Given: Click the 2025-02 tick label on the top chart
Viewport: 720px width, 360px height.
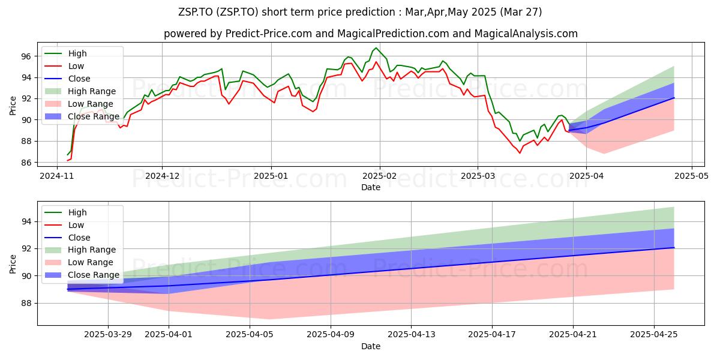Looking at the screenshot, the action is (x=380, y=176).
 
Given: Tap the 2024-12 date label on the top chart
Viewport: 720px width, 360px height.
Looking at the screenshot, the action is (x=162, y=176).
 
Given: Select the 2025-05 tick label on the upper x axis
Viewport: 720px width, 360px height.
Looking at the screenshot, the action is (x=691, y=176).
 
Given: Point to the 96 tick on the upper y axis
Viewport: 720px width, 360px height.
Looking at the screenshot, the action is (x=26, y=56).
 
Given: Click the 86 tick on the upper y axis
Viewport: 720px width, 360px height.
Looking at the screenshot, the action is (x=26, y=163).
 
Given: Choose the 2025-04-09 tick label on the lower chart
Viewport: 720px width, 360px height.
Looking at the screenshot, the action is (x=331, y=335).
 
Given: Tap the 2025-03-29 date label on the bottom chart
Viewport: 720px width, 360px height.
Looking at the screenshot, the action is (x=108, y=335).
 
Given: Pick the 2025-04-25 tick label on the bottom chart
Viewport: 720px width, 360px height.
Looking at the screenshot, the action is (x=654, y=335).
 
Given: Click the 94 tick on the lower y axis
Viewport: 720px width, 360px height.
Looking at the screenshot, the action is (x=26, y=222).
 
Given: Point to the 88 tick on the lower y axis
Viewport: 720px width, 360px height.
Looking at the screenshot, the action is (x=26, y=304).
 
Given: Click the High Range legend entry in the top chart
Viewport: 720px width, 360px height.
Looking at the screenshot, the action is (x=80, y=91).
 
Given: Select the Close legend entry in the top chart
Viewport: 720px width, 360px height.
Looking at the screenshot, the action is (x=67, y=79).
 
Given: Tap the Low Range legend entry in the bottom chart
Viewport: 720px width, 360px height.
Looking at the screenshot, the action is (x=79, y=263).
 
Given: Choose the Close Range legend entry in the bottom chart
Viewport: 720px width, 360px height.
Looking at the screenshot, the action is (x=82, y=275).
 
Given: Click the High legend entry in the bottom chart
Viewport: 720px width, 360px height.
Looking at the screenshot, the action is (x=65, y=212).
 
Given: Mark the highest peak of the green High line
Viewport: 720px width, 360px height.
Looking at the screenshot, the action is (x=376, y=48).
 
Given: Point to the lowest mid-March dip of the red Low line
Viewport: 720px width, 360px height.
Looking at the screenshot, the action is (x=520, y=153).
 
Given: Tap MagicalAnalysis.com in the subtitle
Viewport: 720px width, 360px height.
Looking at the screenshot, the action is (x=526, y=34).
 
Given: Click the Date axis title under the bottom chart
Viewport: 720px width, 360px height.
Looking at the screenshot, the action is (x=371, y=346).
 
